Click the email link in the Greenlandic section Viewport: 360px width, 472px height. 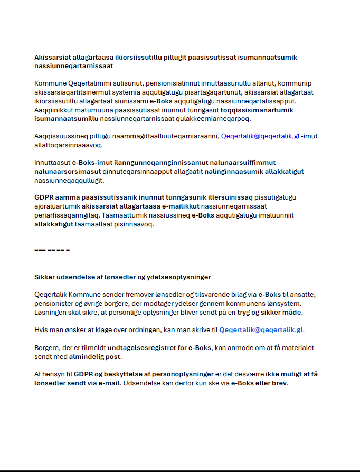(x=260, y=136)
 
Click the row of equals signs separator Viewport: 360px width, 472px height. (x=52, y=249)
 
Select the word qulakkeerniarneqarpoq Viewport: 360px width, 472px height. (x=202, y=118)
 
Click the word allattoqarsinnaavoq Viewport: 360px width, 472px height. (x=68, y=144)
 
